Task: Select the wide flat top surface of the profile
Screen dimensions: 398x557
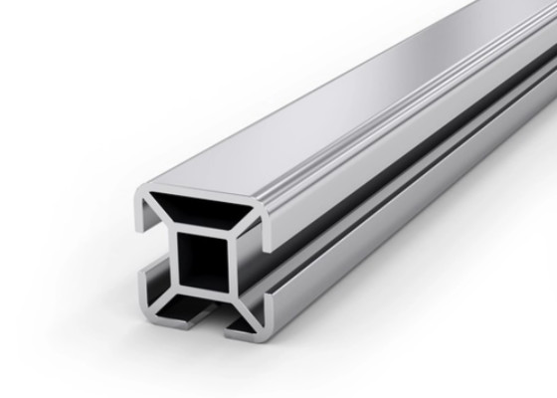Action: (x=328, y=129)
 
